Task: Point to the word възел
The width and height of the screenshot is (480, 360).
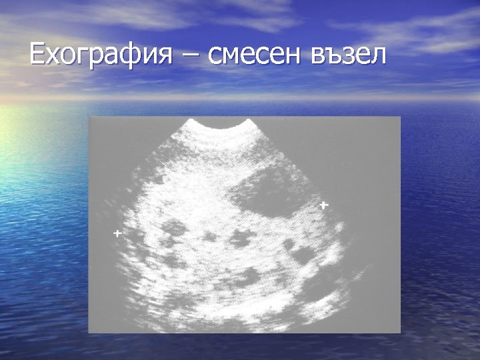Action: pos(348,56)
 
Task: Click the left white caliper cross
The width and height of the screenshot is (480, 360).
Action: pos(117,234)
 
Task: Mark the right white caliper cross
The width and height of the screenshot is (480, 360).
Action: pos(323,205)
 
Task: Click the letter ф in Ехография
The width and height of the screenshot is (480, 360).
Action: pos(127,56)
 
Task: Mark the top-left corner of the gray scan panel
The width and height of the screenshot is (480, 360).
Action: pos(89,117)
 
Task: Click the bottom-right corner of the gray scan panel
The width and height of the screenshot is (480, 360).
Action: pos(400,332)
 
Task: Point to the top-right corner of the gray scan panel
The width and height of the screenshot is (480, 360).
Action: pos(400,117)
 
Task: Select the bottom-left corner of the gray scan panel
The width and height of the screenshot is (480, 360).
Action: pos(89,332)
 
